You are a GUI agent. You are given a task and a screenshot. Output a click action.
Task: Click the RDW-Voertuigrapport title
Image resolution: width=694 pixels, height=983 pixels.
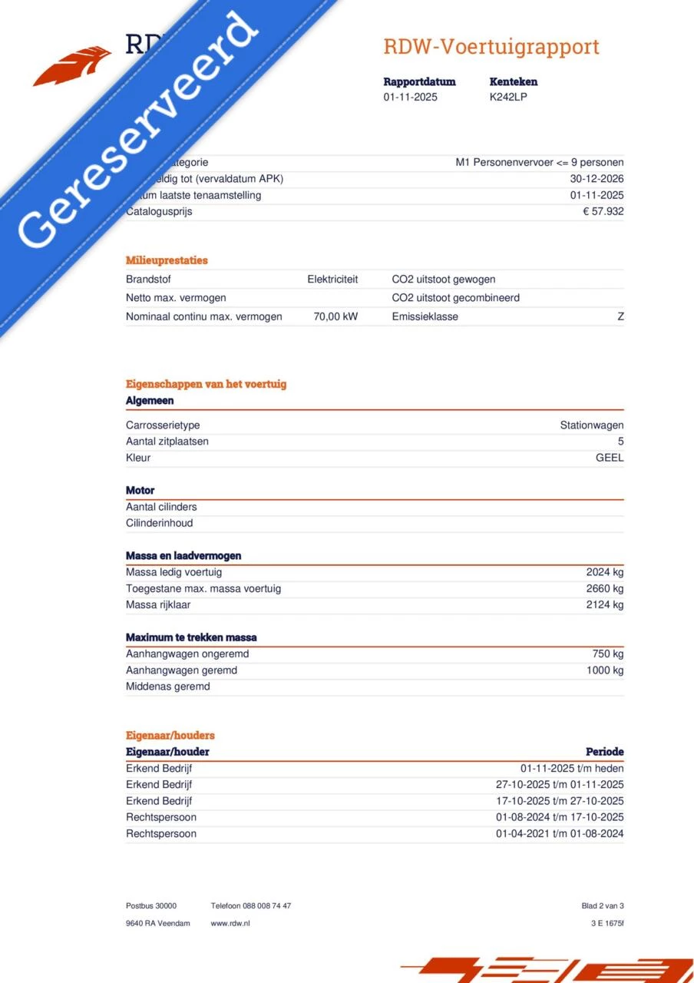click(491, 47)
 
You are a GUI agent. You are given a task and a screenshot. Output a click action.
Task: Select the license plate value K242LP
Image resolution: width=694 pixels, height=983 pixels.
click(508, 97)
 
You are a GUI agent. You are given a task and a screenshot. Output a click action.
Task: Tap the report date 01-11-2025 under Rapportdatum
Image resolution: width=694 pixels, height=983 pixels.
click(410, 97)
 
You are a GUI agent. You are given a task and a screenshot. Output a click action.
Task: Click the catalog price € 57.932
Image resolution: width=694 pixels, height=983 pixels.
click(603, 211)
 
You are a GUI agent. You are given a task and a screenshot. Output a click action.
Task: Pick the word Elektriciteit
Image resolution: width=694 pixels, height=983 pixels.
click(332, 280)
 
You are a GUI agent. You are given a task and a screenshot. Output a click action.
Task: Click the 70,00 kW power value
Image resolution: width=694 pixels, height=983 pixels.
click(335, 316)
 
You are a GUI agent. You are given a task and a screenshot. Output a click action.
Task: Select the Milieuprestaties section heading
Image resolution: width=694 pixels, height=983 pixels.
click(167, 260)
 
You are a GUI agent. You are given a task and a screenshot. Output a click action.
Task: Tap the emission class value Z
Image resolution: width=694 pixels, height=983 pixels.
click(620, 316)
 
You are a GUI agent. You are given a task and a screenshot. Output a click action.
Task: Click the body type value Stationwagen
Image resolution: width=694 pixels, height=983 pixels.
click(591, 425)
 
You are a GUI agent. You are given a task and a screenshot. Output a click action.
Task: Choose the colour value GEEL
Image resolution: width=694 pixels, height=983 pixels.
click(610, 458)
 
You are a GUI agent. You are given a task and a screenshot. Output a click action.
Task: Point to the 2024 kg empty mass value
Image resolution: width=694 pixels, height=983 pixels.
click(605, 572)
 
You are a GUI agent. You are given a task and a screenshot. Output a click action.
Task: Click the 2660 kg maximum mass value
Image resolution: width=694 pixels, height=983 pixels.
click(605, 588)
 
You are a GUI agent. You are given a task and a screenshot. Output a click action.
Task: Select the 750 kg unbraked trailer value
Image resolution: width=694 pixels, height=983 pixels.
click(608, 654)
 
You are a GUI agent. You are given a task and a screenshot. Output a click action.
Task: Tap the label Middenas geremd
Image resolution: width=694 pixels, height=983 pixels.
click(167, 687)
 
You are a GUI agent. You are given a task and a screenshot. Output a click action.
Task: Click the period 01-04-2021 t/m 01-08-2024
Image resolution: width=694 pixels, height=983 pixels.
click(560, 834)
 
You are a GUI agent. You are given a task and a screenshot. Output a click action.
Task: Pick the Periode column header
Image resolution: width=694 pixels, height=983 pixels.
click(604, 752)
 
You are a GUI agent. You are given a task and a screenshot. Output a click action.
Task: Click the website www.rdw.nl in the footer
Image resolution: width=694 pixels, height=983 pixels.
click(230, 923)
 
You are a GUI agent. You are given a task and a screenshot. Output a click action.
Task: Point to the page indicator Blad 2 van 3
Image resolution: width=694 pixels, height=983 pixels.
click(603, 906)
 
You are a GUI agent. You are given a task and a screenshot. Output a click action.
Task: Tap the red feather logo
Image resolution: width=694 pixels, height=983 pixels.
click(73, 65)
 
